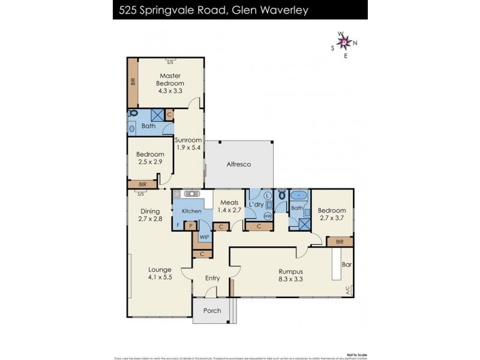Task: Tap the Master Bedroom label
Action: [170, 83]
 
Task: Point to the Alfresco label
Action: [238, 164]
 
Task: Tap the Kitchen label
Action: [191, 211]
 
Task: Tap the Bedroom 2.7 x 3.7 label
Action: [331, 215]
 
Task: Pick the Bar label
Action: [346, 263]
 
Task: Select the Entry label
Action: [212, 278]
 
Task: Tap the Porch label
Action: [212, 310]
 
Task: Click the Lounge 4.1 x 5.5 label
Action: [160, 274]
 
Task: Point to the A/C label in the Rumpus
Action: [346, 290]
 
